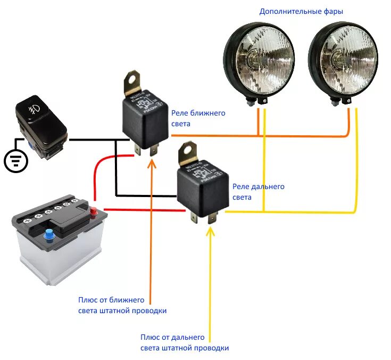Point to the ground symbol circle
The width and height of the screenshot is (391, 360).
[16, 160]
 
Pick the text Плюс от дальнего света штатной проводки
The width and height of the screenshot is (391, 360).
[185, 342]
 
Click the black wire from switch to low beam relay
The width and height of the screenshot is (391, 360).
[96, 140]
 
